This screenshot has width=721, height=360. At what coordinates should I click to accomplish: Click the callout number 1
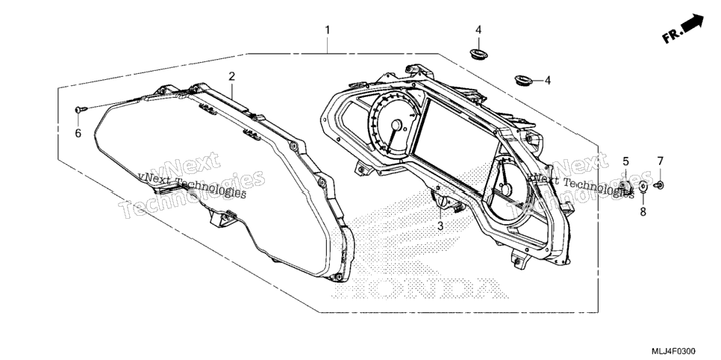pyautogui.click(x=328, y=30)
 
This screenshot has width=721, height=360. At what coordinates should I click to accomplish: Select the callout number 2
pyautogui.click(x=231, y=76)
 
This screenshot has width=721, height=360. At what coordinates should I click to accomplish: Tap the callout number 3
pyautogui.click(x=440, y=226)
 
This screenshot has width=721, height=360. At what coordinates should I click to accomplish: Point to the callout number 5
pyautogui.click(x=625, y=161)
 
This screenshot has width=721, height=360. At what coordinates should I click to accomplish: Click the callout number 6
pyautogui.click(x=78, y=134)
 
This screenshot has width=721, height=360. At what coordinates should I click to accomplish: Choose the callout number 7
pyautogui.click(x=661, y=161)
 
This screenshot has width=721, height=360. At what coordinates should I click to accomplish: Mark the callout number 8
pyautogui.click(x=643, y=212)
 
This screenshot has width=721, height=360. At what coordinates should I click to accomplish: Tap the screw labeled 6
pyautogui.click(x=81, y=110)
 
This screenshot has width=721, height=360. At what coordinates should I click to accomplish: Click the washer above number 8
pyautogui.click(x=643, y=187)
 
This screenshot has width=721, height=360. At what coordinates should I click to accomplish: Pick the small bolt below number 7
pyautogui.click(x=658, y=185)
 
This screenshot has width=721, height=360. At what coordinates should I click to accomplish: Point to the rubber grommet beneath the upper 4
pyautogui.click(x=478, y=53)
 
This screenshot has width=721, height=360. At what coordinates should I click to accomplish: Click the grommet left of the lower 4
pyautogui.click(x=523, y=80)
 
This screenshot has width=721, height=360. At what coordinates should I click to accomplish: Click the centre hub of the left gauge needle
pyautogui.click(x=396, y=125)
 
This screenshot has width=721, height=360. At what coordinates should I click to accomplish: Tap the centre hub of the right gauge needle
pyautogui.click(x=506, y=189)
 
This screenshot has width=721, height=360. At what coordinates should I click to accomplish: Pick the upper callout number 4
pyautogui.click(x=478, y=30)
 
